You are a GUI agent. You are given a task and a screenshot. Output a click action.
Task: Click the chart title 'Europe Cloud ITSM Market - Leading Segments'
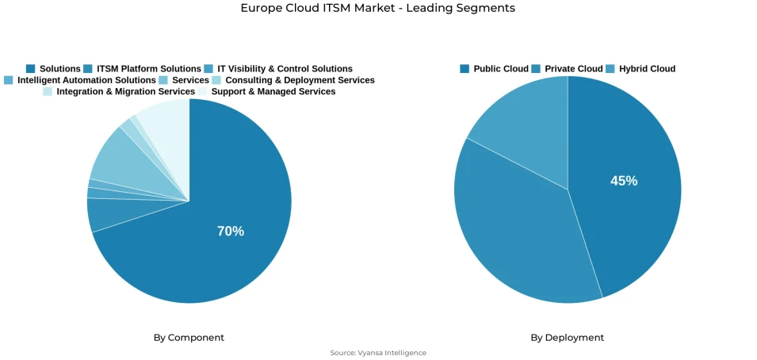pyautogui.click(x=378, y=8)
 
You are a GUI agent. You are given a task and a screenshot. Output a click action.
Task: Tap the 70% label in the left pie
pyautogui.click(x=231, y=232)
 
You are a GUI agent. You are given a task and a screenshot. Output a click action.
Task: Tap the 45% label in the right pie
pyautogui.click(x=624, y=181)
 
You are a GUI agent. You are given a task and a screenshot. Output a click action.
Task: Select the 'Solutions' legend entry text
pyautogui.click(x=59, y=69)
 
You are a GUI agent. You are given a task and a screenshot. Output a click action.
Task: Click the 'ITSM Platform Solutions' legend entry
pyautogui.click(x=148, y=69)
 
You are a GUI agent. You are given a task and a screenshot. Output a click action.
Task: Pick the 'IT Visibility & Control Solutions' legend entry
pyautogui.click(x=285, y=69)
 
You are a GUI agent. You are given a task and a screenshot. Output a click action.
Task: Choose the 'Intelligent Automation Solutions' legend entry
pyautogui.click(x=86, y=80)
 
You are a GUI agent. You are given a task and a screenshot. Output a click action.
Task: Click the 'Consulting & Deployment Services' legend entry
pyautogui.click(x=300, y=80)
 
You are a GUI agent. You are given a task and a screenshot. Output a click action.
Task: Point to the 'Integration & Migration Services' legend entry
pyautogui.click(x=125, y=91)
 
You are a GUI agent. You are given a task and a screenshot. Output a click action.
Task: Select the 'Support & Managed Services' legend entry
pyautogui.click(x=273, y=91)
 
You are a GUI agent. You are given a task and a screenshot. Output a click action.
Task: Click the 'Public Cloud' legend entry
pyautogui.click(x=500, y=69)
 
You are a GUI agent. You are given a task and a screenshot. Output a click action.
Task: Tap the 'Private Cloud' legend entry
pyautogui.click(x=573, y=69)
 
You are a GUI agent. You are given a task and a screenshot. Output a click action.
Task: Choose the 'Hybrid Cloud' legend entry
pyautogui.click(x=647, y=69)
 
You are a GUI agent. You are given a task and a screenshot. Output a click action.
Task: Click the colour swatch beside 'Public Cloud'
pyautogui.click(x=465, y=69)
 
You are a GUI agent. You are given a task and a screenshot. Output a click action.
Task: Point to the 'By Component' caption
pyautogui.click(x=189, y=338)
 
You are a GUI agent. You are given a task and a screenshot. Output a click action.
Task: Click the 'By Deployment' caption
pyautogui.click(x=567, y=338)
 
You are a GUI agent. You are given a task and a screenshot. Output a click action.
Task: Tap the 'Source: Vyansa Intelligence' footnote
pyautogui.click(x=378, y=353)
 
